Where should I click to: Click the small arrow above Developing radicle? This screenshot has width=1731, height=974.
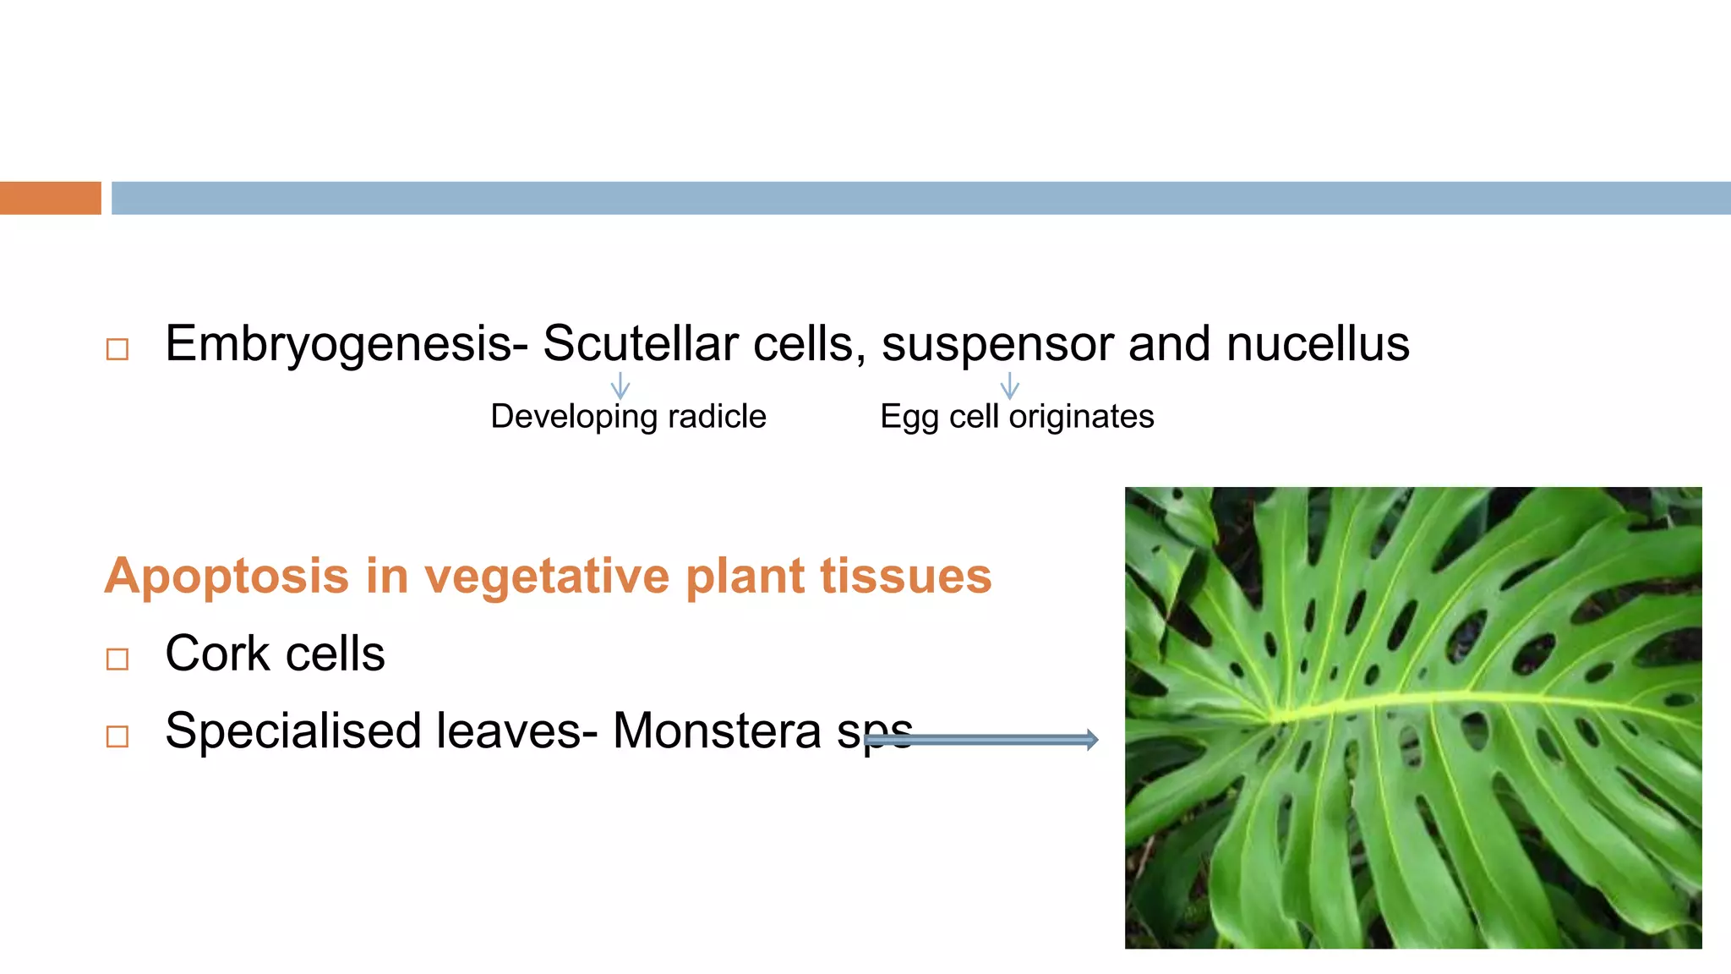point(620,386)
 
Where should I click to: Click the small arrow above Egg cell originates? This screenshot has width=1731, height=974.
point(1009,386)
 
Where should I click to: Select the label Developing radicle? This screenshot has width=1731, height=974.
point(628,417)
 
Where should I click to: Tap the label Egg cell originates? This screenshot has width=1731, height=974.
point(1017,417)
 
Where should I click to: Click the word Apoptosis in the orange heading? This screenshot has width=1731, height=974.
point(227,577)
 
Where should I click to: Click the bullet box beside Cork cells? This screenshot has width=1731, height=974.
point(117,659)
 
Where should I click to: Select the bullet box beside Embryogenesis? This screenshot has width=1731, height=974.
point(117,349)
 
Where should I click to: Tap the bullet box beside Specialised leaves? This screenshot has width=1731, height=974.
point(117,736)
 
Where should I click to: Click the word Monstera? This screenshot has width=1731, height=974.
point(716,731)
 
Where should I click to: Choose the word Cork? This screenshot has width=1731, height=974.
point(216,654)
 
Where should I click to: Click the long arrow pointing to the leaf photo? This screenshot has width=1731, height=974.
point(980,740)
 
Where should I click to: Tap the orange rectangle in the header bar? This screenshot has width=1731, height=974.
point(50,198)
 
